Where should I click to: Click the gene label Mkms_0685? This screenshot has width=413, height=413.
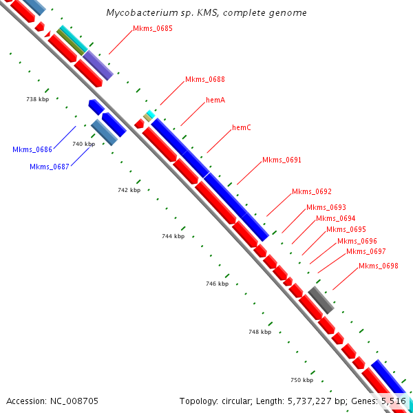pos(153,28)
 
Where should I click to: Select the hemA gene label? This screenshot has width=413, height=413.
pos(215,100)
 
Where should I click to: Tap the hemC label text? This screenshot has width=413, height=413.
pos(242,127)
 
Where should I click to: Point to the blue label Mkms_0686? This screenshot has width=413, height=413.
pos(32,149)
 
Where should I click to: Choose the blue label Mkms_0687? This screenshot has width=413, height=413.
pos(50,167)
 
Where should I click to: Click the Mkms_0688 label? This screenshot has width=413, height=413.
pos(204,80)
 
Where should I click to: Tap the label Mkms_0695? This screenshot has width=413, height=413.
pos(346,229)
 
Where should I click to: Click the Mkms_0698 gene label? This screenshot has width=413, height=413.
pos(378,266)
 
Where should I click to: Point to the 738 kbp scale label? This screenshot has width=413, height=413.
pos(37,99)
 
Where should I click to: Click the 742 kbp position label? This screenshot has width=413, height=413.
pos(129,190)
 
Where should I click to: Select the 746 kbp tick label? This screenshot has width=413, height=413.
pos(217,284)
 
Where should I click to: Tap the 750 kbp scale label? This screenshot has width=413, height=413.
pos(301,380)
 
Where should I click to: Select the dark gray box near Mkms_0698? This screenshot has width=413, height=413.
pos(321,300)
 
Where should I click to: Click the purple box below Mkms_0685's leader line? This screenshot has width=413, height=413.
pos(98,65)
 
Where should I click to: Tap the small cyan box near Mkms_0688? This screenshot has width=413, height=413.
pos(150,114)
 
